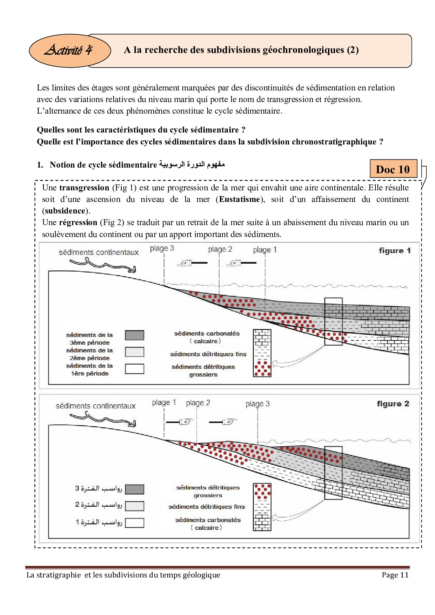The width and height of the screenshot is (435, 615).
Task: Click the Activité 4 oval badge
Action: (69, 50)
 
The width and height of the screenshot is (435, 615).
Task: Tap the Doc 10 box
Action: (393, 169)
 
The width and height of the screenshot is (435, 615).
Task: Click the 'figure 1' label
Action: (395, 251)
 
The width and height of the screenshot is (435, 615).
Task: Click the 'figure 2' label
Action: (393, 404)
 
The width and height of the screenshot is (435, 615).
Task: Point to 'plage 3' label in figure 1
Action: (162, 249)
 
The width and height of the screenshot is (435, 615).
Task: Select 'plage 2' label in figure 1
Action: (220, 249)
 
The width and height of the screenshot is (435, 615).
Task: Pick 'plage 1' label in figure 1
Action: (265, 250)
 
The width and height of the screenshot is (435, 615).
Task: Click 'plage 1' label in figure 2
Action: (164, 403)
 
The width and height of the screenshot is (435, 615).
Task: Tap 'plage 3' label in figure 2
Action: (257, 404)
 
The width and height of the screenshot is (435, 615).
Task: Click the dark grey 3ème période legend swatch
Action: (134, 336)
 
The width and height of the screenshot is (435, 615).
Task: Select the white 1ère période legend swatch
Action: (134, 369)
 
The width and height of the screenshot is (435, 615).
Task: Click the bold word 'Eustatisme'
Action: (240, 200)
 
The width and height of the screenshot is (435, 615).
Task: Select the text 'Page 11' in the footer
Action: (395, 575)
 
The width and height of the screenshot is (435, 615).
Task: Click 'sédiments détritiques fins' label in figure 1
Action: (208, 354)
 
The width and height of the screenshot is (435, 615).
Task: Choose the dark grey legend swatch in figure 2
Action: (134, 489)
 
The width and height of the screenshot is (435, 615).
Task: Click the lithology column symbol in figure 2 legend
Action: (262, 507)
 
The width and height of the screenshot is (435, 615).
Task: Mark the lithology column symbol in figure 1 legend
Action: (262, 353)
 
